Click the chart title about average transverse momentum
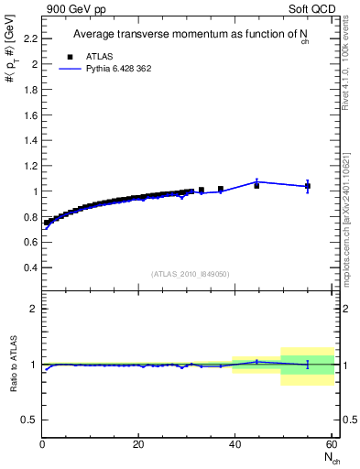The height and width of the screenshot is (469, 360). click(191, 35)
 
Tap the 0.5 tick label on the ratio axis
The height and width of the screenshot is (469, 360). click(31, 420)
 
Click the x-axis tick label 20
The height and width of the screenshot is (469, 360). click(138, 445)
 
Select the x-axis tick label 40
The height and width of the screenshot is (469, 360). click(235, 445)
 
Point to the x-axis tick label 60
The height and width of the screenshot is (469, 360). click(332, 445)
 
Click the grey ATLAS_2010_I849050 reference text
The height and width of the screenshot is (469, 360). click(191, 274)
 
